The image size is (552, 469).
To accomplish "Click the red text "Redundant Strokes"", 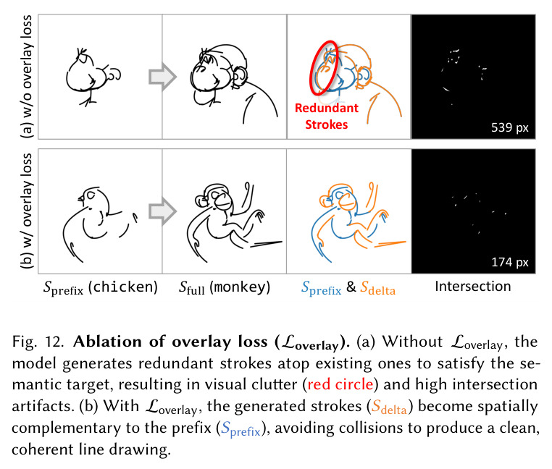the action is coord(326,116).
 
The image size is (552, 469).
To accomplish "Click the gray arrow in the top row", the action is coord(162,76).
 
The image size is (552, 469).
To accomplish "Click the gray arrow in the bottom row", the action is coord(162,211).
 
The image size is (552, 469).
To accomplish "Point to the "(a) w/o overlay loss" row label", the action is coord(26,77).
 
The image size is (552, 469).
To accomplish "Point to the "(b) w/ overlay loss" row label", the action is coord(26,211).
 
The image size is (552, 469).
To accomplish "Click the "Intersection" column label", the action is coord(473,287).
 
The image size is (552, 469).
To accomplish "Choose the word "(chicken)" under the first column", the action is coord(123,287).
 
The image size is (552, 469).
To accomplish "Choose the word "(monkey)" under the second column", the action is coord(240,287).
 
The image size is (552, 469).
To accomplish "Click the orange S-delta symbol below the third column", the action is coord(377,288).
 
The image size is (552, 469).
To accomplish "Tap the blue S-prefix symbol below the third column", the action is coord(322,289).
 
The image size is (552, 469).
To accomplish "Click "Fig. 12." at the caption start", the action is coord(38,342).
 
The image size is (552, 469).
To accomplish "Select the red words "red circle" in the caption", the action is coord(340,384).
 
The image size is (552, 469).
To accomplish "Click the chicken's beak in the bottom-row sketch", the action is coord(81,199).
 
